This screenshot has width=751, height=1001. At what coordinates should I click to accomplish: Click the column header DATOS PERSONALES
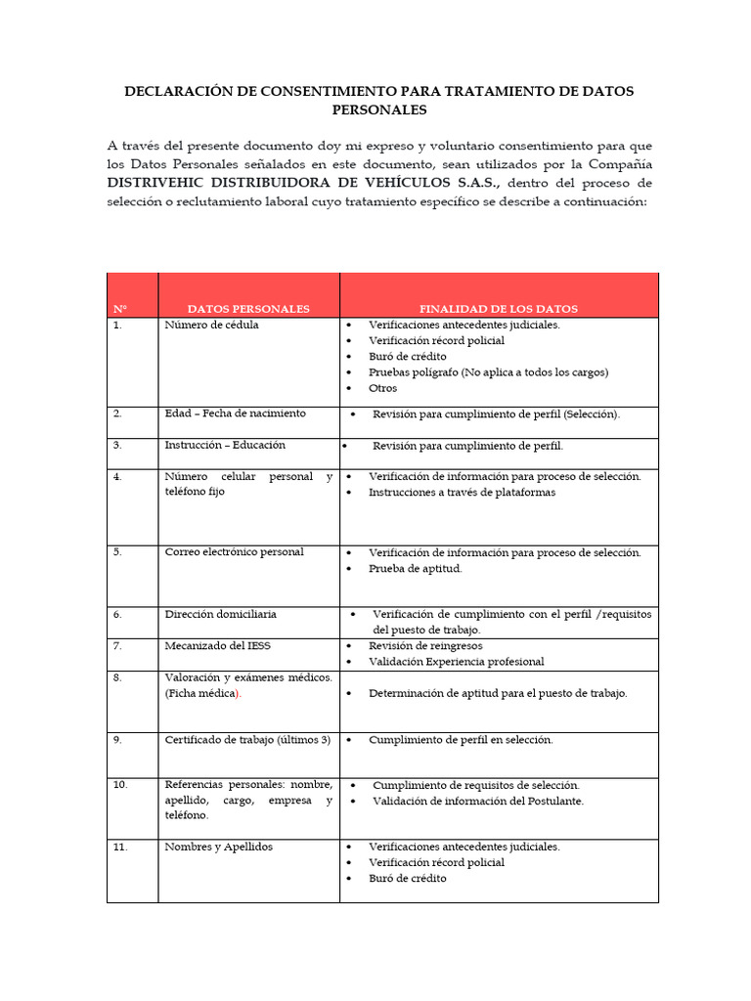tap(248, 309)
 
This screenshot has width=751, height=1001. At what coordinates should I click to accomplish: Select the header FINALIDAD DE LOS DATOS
tap(499, 309)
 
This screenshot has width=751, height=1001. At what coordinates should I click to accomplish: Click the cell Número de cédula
tap(211, 326)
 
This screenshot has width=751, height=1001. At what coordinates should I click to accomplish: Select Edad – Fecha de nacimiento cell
tap(235, 413)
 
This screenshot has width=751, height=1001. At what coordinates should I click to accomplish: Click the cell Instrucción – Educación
tap(225, 445)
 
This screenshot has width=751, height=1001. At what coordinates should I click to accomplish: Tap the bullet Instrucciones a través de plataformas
tap(462, 493)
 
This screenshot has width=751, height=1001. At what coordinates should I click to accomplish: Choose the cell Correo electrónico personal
tap(234, 552)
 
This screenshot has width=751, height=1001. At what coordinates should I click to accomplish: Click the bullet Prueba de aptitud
tap(415, 568)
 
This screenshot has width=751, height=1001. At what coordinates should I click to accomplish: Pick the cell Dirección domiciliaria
tap(220, 614)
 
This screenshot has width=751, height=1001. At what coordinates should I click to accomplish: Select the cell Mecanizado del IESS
tap(217, 646)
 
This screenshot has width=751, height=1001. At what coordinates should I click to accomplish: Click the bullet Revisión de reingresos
tap(425, 646)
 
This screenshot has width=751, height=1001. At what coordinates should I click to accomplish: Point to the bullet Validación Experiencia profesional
tap(456, 662)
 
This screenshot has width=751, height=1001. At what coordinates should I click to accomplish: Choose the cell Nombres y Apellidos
tap(218, 847)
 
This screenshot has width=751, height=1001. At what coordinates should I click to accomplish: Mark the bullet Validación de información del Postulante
tap(477, 801)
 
